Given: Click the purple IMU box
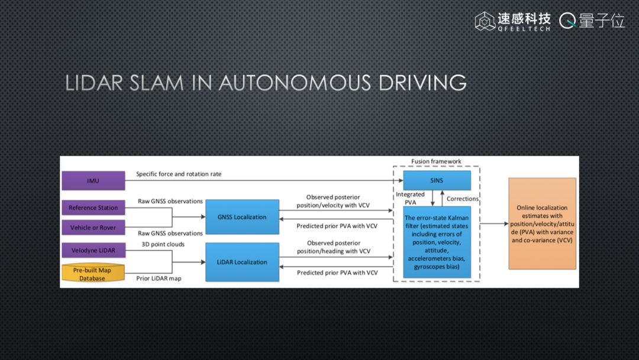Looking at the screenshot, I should [x=93, y=181].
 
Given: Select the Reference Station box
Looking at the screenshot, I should [x=93, y=208].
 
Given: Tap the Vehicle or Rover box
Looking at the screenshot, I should [x=93, y=227].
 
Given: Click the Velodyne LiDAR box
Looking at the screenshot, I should [x=93, y=250].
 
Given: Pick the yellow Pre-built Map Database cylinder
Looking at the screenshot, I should [x=93, y=274].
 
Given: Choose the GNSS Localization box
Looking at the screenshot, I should [x=242, y=217].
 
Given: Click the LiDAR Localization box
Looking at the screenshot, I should [x=242, y=262].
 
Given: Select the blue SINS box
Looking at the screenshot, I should [x=437, y=180].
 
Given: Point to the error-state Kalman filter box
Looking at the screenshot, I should [x=437, y=242].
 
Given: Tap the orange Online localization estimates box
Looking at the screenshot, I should [x=542, y=224].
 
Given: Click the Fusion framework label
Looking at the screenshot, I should [x=436, y=162].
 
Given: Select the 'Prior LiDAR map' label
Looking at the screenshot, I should [x=159, y=278].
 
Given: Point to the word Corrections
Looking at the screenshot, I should [x=463, y=199].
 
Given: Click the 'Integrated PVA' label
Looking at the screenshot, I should [x=410, y=198].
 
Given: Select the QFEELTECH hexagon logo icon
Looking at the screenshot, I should [x=485, y=21].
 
